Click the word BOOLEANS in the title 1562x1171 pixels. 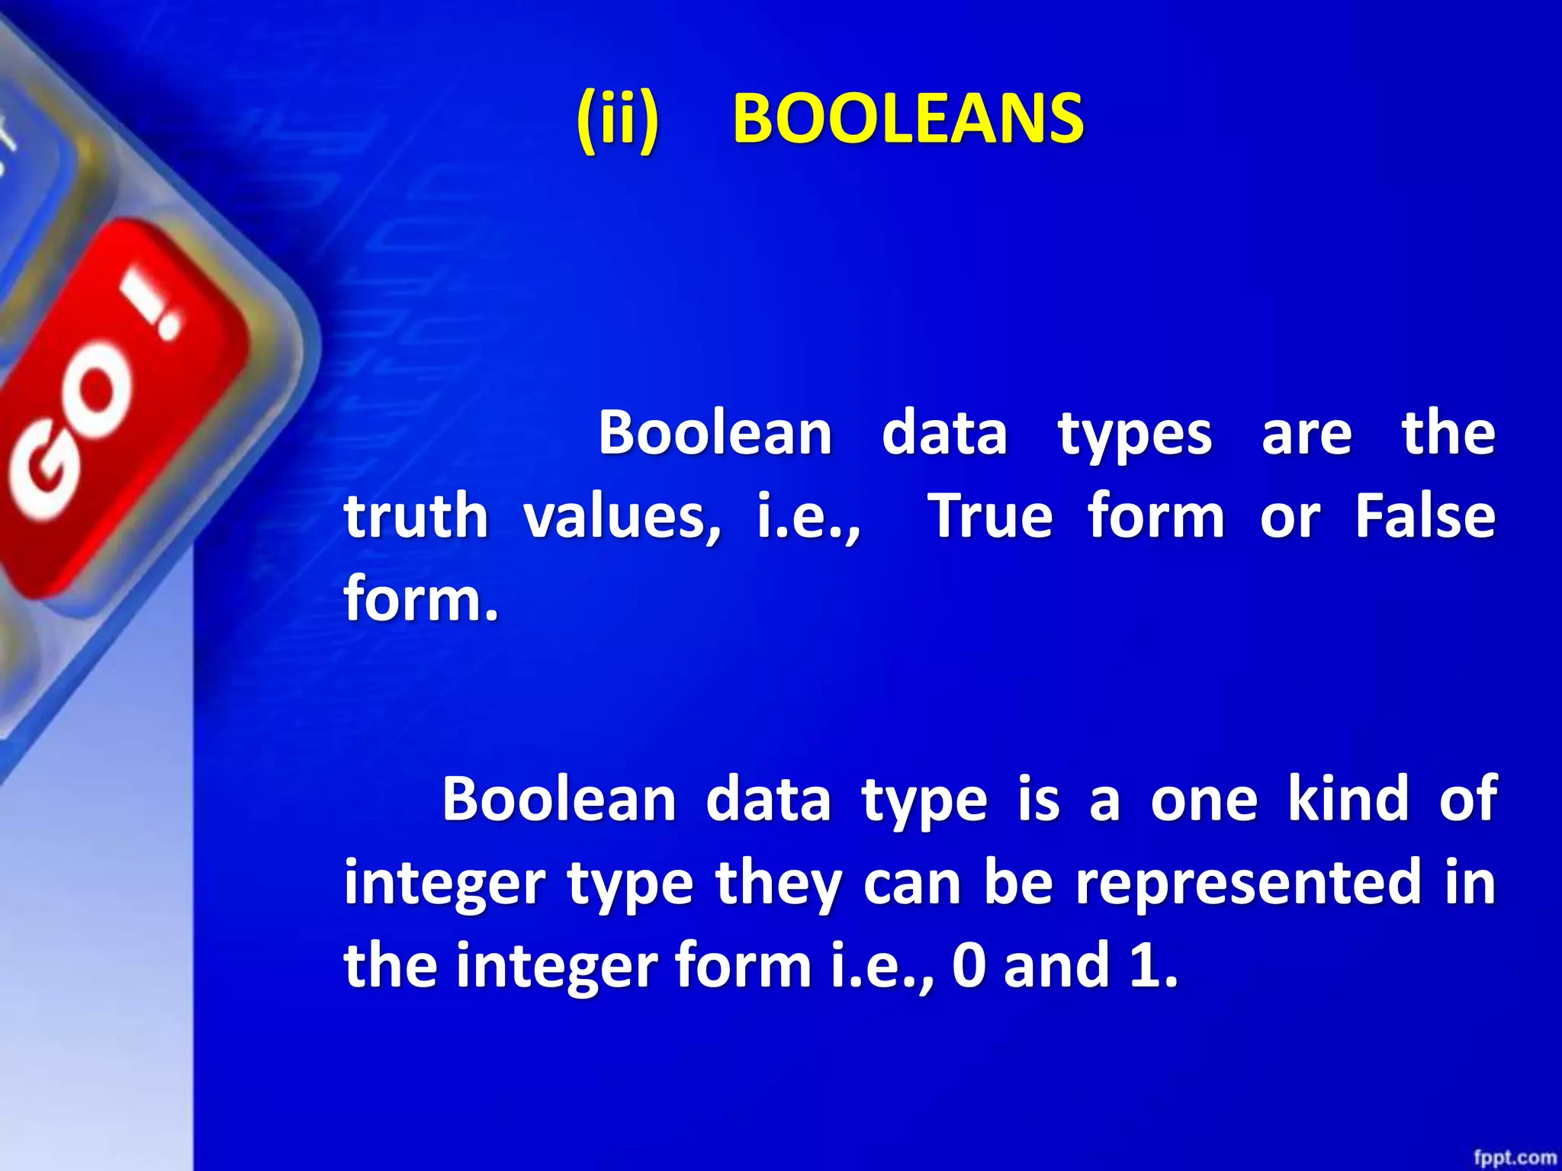click(x=908, y=119)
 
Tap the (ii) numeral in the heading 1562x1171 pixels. click(x=617, y=119)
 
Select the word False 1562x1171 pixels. click(x=1424, y=517)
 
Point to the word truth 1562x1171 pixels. click(x=416, y=517)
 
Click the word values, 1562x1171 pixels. click(x=622, y=517)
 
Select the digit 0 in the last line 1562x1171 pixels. click(x=969, y=966)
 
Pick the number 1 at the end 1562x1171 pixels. click(x=1144, y=966)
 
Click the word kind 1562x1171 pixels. click(x=1348, y=800)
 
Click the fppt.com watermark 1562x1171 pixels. click(x=1514, y=1158)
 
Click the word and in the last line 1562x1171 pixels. click(x=1056, y=966)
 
